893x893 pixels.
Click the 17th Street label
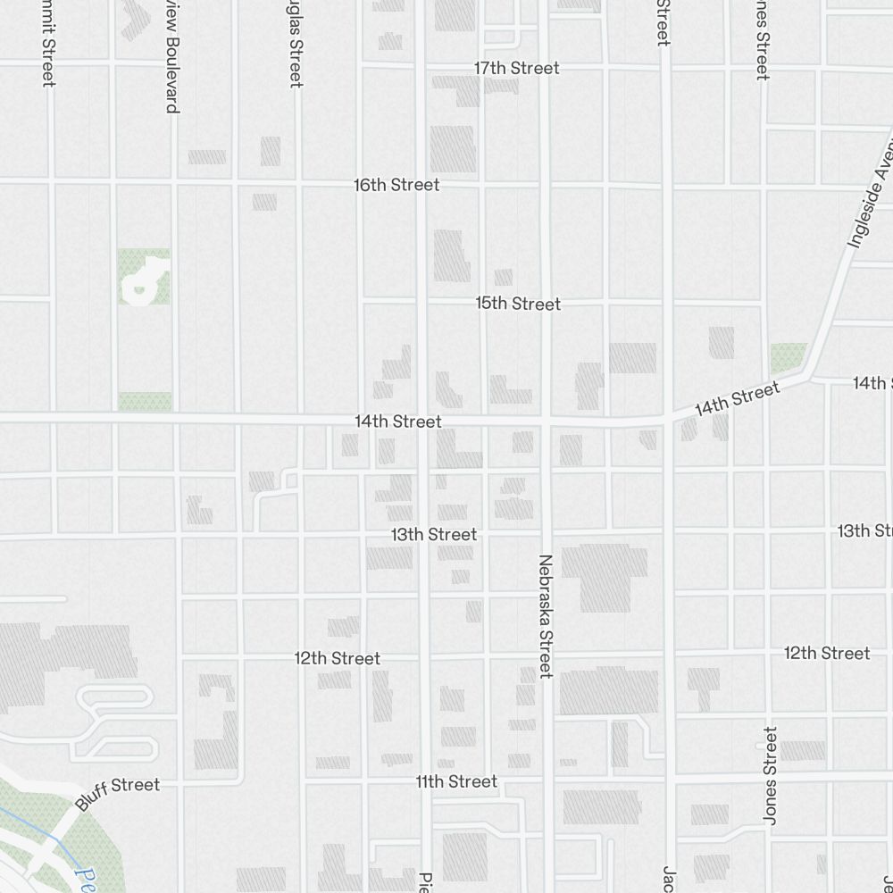click(x=516, y=68)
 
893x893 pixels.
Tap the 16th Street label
click(x=396, y=185)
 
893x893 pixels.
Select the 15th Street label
click(x=518, y=304)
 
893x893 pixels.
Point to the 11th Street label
click(x=455, y=781)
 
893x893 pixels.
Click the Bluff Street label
click(x=118, y=793)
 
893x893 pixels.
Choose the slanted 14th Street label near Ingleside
click(x=738, y=397)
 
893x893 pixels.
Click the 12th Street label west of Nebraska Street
click(x=338, y=658)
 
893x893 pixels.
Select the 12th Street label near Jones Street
click(x=827, y=653)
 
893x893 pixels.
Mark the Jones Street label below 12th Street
click(x=771, y=775)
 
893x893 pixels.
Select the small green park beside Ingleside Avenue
click(x=788, y=358)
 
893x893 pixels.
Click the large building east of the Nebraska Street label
click(x=605, y=576)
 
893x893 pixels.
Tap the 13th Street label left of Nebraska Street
click(x=434, y=534)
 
